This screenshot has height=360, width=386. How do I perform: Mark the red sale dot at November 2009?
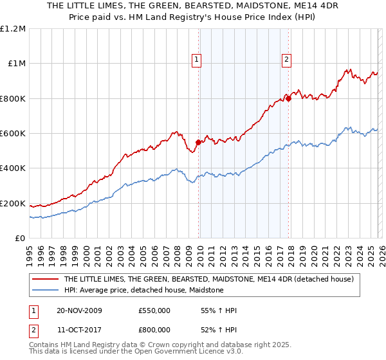(198, 143)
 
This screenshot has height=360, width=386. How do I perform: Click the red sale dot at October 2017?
(288, 99)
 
